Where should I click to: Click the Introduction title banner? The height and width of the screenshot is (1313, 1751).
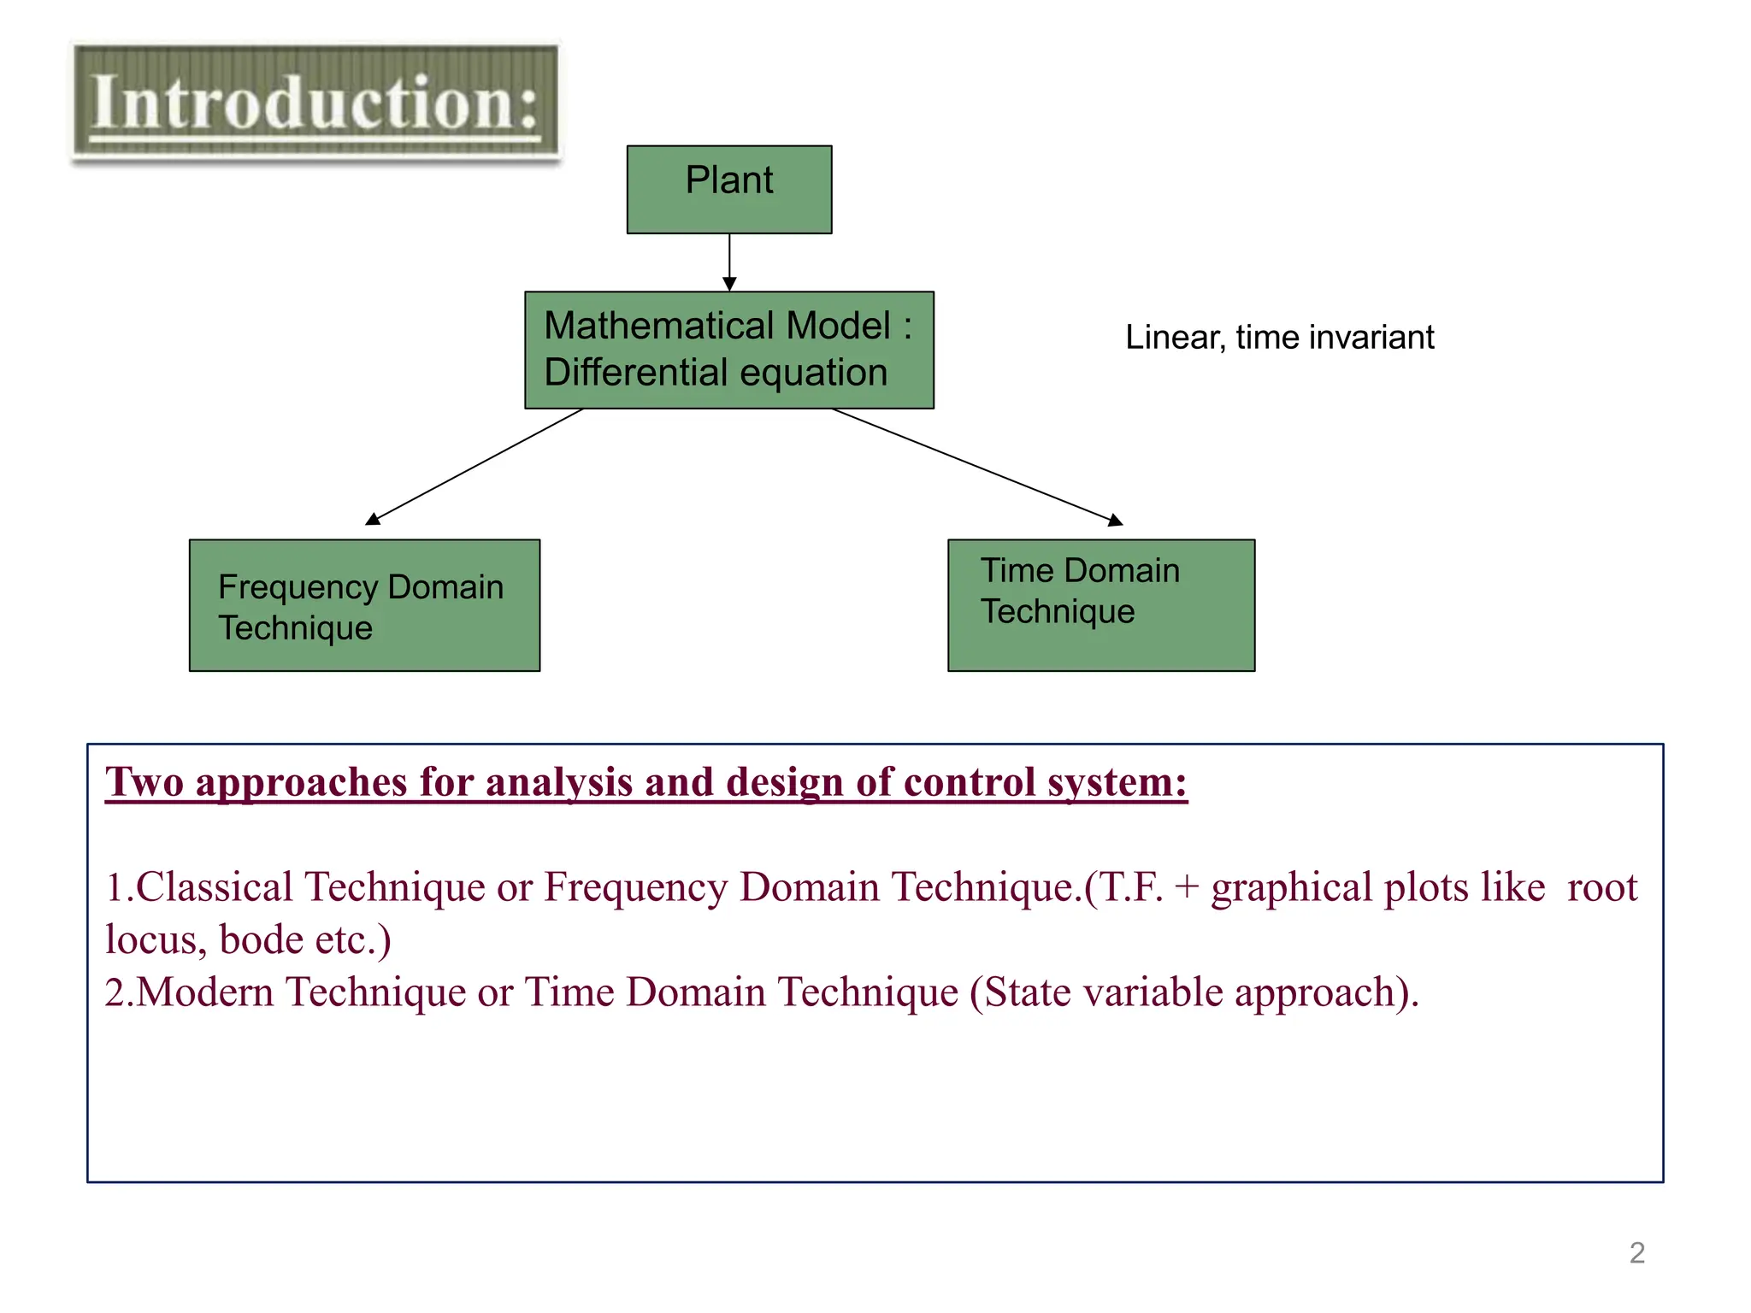tap(315, 102)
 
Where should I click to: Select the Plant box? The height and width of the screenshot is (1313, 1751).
tap(728, 189)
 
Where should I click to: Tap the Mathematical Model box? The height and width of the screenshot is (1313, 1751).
tap(728, 350)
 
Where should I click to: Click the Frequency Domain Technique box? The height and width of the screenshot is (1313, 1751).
tap(364, 605)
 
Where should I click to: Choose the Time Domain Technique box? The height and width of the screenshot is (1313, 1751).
tap(1100, 605)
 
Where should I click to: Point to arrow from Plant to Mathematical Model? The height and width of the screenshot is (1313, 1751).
tap(729, 262)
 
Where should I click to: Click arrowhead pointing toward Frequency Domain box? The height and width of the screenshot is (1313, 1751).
tap(373, 519)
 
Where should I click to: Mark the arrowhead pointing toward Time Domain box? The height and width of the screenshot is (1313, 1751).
tap(1115, 520)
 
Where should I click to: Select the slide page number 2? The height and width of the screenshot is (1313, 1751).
tap(1636, 1253)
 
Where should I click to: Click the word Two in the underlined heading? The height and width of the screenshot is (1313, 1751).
tap(144, 782)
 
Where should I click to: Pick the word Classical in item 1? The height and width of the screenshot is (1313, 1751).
tap(215, 887)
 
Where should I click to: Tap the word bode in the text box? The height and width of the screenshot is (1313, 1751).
tap(262, 939)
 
